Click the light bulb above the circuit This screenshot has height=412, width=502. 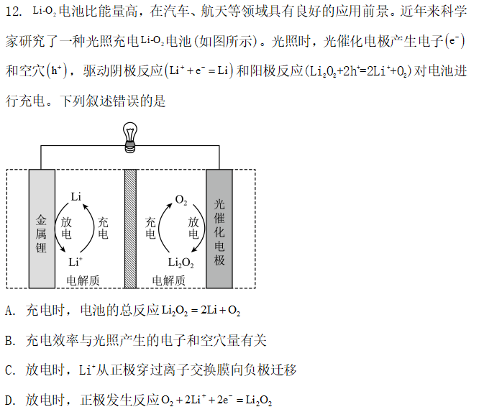(130, 137)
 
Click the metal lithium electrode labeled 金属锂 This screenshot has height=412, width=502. (42, 229)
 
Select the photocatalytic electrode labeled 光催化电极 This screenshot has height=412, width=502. (219, 229)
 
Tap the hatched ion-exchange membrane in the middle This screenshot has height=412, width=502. (130, 229)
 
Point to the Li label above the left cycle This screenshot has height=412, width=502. (76, 196)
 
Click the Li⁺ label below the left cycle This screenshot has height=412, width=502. (76, 262)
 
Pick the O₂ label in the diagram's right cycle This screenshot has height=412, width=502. (181, 200)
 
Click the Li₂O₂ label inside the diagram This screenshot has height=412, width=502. (181, 263)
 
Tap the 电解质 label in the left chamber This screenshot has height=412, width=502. (83, 280)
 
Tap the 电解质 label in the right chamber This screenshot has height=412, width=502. (169, 280)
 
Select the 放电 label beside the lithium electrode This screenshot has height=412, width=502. (66, 228)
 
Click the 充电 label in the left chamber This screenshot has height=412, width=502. (103, 228)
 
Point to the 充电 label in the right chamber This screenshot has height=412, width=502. (150, 228)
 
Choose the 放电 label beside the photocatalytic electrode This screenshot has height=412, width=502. (193, 228)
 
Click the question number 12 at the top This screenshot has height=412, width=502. (14, 12)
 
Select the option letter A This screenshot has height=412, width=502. (10, 311)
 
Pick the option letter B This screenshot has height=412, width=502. (10, 341)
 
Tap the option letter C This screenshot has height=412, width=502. (10, 370)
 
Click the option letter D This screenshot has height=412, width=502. (10, 400)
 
